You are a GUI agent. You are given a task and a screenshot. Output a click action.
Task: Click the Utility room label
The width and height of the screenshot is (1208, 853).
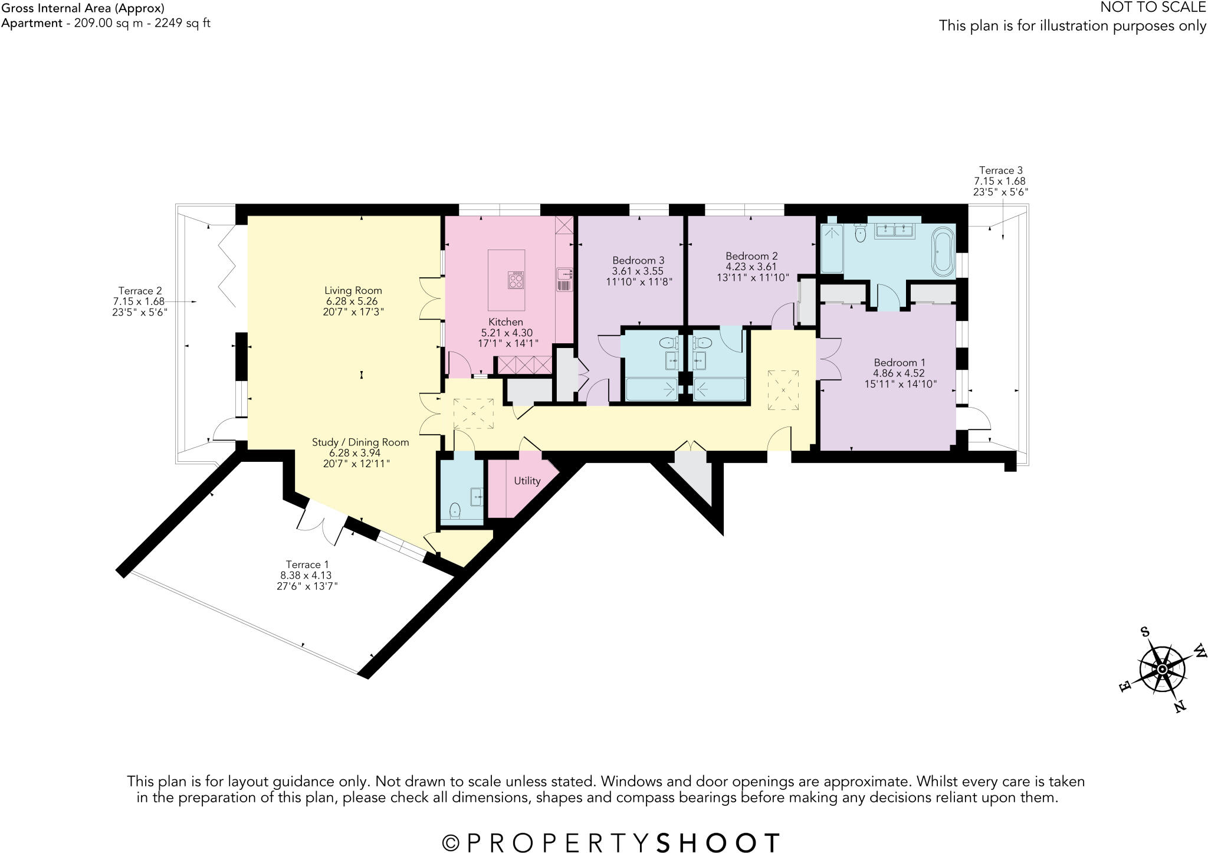coord(527,481)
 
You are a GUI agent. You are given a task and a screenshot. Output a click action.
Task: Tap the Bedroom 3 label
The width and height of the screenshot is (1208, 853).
coord(638,260)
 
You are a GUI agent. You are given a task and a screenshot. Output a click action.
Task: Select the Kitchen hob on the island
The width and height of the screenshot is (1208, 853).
coord(516,280)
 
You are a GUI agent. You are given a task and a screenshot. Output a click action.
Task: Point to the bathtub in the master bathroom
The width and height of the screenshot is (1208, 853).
coord(942,253)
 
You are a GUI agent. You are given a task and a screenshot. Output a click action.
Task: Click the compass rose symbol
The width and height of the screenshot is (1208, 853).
coord(1161,670)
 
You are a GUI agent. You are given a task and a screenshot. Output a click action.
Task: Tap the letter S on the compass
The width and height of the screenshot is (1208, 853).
coord(1145,632)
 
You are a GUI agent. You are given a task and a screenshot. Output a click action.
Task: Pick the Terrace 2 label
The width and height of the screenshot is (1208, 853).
coord(140,291)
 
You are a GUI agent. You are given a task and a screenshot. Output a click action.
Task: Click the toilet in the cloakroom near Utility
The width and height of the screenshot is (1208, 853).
coord(455,510)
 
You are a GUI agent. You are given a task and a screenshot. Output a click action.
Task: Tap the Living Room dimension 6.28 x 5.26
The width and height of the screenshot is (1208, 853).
coord(353,301)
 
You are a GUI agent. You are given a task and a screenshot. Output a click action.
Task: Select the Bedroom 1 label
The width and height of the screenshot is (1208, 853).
coord(899,363)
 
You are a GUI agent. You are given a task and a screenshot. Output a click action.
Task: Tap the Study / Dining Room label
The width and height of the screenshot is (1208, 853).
coord(360,442)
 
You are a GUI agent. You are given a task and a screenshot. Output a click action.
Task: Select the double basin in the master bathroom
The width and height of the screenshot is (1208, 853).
coord(894,231)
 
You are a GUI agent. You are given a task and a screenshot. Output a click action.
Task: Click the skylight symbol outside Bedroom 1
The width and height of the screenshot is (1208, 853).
coord(783,391)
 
